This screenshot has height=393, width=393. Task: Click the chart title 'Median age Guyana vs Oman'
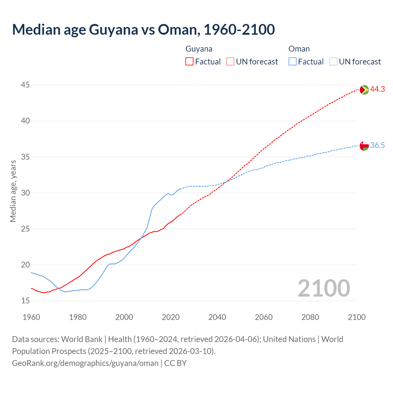[x=143, y=29]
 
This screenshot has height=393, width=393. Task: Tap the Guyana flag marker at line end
[x=364, y=90]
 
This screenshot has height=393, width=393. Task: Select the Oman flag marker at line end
[x=364, y=146]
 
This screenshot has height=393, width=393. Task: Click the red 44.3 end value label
[x=377, y=89]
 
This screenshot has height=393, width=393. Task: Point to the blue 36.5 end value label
[x=377, y=146]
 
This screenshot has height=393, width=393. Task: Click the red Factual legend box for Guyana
[x=189, y=62]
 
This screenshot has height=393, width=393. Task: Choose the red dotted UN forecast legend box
[x=230, y=62]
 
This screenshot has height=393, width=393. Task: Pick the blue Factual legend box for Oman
[x=293, y=62]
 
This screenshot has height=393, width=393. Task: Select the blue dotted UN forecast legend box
[x=333, y=62]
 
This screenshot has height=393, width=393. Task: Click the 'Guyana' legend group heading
[x=199, y=49]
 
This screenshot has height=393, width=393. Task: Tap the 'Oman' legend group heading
[x=299, y=49]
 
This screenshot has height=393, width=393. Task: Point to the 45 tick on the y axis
[x=25, y=85]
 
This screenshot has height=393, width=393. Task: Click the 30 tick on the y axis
[x=25, y=193]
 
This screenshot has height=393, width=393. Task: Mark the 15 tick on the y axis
[x=25, y=301]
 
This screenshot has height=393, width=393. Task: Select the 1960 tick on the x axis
[x=31, y=317]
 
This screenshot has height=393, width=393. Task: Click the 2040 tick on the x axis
[x=217, y=317]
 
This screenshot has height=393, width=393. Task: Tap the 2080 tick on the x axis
[x=310, y=317]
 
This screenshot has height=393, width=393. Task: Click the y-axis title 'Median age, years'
[x=13, y=191]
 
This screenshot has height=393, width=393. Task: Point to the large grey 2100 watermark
[x=324, y=288]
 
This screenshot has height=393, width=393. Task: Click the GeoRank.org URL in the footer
[x=85, y=363]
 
